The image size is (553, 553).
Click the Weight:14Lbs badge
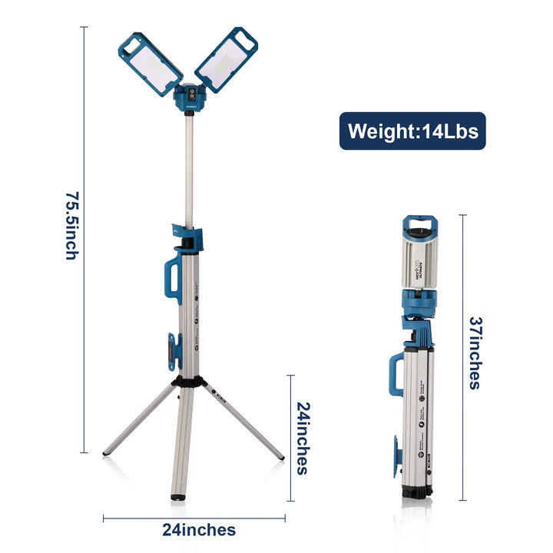[x=412, y=131]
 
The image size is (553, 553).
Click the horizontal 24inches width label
[x=199, y=529]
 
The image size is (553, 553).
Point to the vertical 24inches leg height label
[x=302, y=438]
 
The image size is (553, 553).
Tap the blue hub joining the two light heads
[x=188, y=97]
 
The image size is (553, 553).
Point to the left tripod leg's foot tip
[x=106, y=453]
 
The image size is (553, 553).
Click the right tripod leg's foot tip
[x=281, y=458]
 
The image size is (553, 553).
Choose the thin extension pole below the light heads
[x=188, y=169]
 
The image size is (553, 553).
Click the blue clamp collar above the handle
[x=187, y=237]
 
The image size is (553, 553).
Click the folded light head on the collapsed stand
[x=419, y=257]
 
